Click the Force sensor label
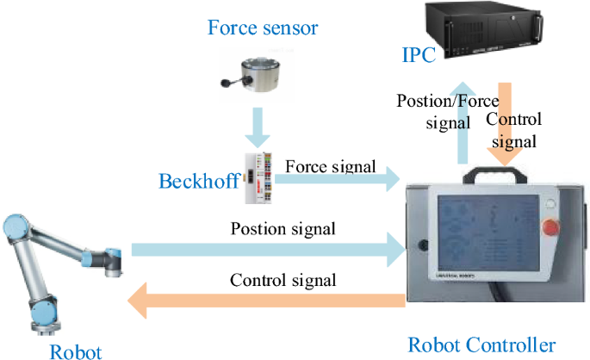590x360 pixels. tap(263, 28)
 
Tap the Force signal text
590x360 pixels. tap(330, 164)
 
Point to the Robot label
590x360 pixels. tap(75, 351)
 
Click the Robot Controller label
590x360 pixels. tap(481, 345)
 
